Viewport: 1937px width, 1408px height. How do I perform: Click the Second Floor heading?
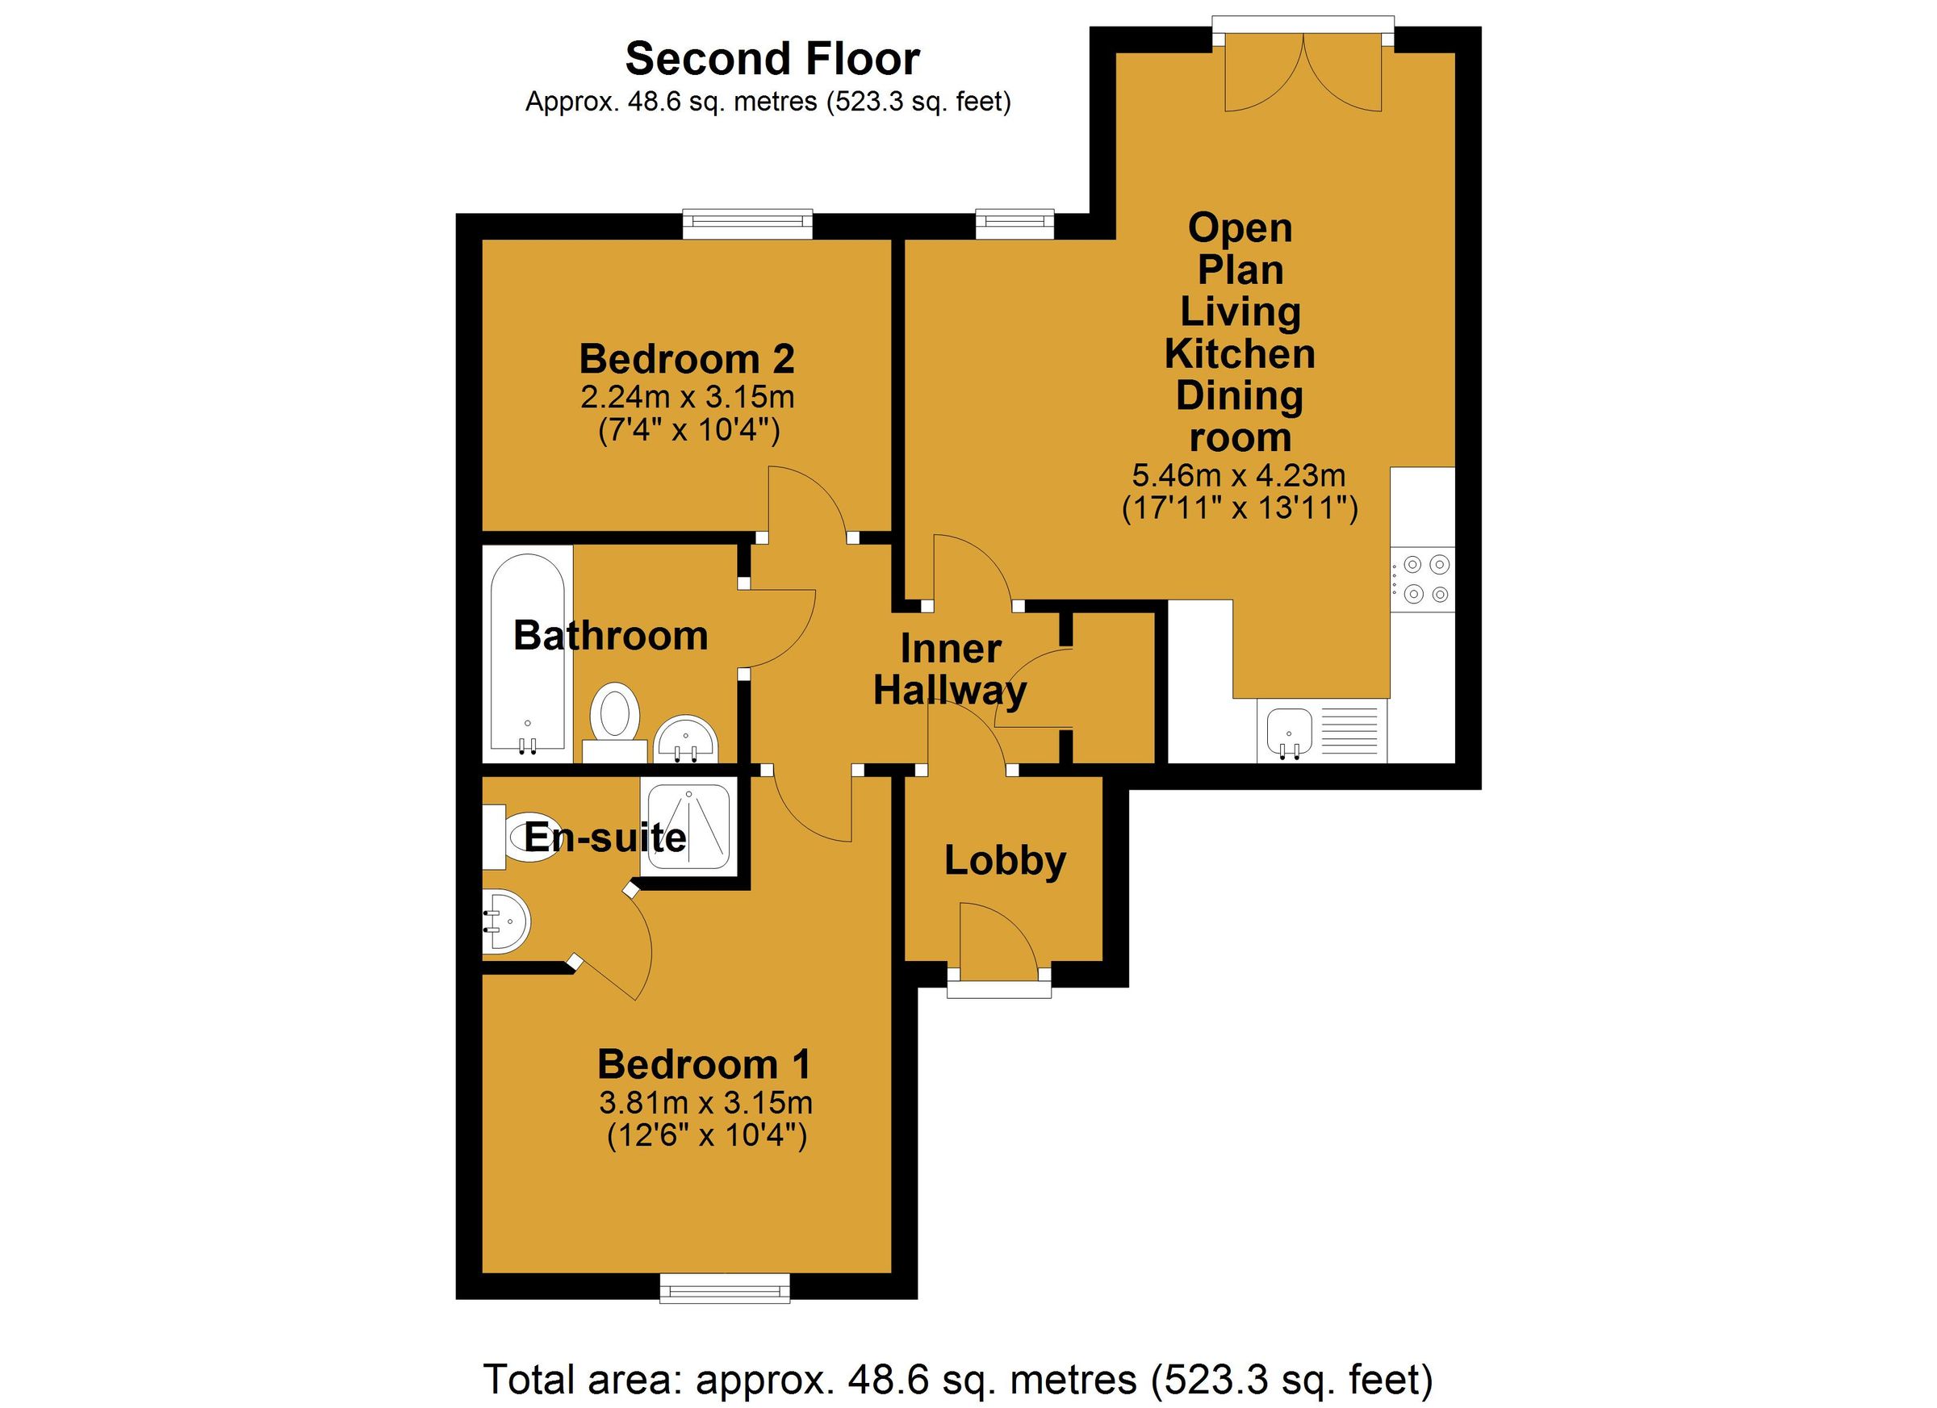pyautogui.click(x=772, y=60)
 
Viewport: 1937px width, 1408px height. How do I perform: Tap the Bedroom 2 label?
pyautogui.click(x=687, y=360)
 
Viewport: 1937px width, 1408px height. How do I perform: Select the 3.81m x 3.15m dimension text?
pyautogui.click(x=705, y=1103)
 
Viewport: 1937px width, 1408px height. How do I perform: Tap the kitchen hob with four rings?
pyautogui.click(x=1421, y=579)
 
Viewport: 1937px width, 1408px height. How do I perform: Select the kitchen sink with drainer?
pyautogui.click(x=1321, y=732)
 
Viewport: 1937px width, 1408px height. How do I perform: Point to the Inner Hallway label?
pyautogui.click(x=950, y=671)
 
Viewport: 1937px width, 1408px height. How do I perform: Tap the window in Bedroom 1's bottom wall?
pyautogui.click(x=724, y=1289)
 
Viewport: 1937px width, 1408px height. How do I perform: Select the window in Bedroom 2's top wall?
pyautogui.click(x=747, y=224)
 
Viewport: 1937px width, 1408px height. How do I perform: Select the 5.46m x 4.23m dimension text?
pyautogui.click(x=1238, y=474)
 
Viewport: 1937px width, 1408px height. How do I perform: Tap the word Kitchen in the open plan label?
pyautogui.click(x=1239, y=353)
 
